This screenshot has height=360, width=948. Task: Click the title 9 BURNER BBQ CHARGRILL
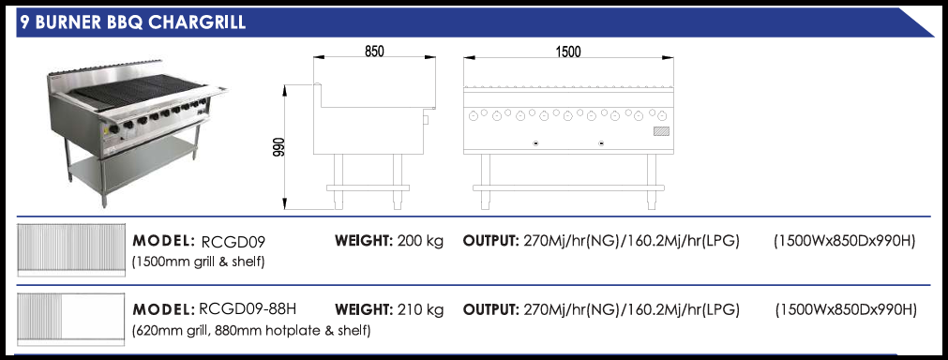pyautogui.click(x=132, y=22)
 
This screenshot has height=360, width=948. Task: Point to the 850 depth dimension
pyautogui.click(x=374, y=51)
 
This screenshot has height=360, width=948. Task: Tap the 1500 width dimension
pyautogui.click(x=567, y=52)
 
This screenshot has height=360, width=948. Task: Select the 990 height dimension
pyautogui.click(x=278, y=148)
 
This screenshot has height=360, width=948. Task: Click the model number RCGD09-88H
pyautogui.click(x=248, y=309)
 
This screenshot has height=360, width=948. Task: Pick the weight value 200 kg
pyautogui.click(x=420, y=241)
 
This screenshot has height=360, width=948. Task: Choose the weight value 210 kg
pyautogui.click(x=420, y=310)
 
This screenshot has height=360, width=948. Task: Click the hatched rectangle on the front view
pyautogui.click(x=661, y=130)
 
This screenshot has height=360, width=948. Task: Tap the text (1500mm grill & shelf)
pyautogui.click(x=198, y=262)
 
